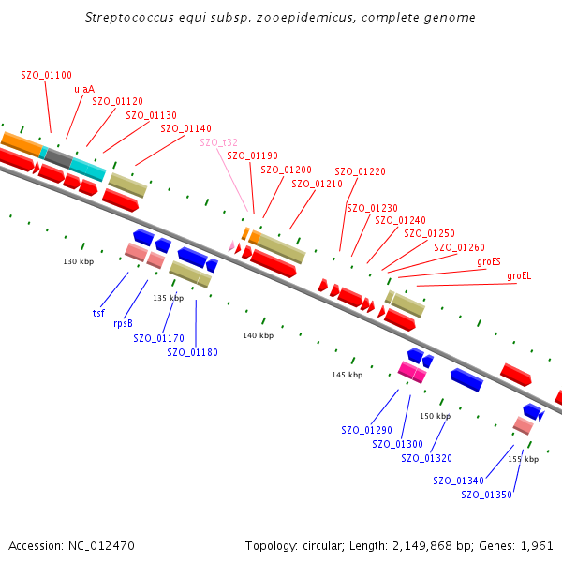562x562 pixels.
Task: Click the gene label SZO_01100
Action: tap(46, 74)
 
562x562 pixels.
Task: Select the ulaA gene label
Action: tap(84, 89)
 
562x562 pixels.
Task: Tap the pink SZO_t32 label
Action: tap(218, 142)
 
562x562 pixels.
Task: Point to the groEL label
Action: tap(518, 275)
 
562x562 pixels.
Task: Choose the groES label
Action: tap(489, 261)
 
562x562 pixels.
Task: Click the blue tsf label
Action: tap(98, 313)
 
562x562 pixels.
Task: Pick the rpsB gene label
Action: tap(123, 323)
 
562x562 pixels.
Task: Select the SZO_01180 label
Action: tap(192, 352)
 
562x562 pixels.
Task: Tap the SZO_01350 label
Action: tap(486, 495)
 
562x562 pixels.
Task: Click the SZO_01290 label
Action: tap(366, 430)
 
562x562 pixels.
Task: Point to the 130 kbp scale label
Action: tap(79, 261)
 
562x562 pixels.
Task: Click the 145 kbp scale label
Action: tap(347, 375)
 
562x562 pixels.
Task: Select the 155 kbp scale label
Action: tap(523, 459)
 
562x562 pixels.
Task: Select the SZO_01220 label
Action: tap(360, 171)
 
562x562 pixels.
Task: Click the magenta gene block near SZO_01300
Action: tap(412, 373)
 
